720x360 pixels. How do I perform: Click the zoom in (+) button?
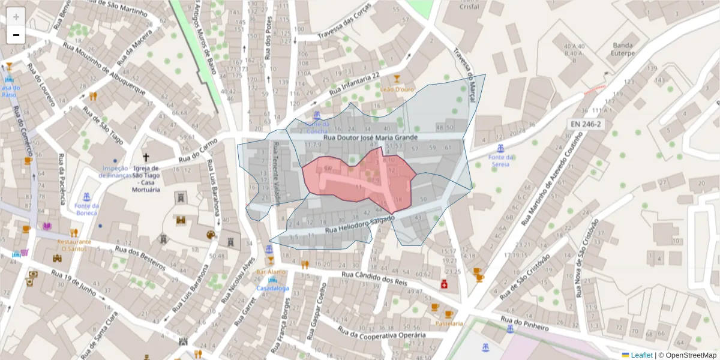point(16,17)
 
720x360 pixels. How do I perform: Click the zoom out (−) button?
point(16,35)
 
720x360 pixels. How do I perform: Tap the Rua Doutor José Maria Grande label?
point(370,138)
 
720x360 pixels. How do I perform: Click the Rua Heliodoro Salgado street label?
point(359,225)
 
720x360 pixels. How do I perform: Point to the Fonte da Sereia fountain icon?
point(500,148)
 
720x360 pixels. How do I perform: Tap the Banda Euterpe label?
point(623,49)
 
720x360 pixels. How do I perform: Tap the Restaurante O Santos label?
point(74,245)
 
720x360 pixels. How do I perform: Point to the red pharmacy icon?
point(444,284)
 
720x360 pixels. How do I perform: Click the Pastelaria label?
point(449,323)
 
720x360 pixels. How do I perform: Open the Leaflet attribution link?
point(641,355)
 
